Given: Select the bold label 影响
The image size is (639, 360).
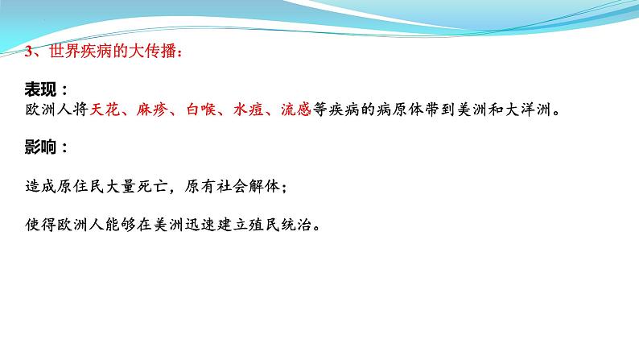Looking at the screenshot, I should tap(41, 148).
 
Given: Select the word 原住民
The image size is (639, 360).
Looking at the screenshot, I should tap(80, 186).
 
